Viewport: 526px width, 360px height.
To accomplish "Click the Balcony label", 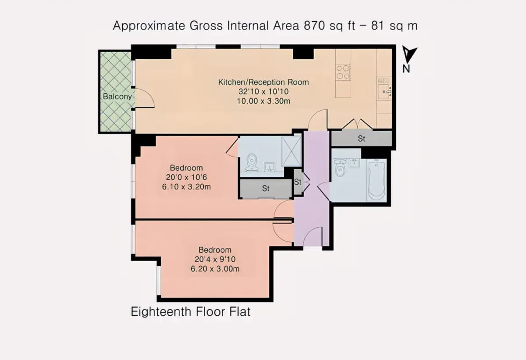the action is [117, 97].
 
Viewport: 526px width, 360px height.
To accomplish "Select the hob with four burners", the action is [343, 72].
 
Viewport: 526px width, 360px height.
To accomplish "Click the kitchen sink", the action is [385, 91].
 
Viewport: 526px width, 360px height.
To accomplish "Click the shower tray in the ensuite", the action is [291, 151].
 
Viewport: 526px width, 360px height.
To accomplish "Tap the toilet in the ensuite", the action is [252, 163].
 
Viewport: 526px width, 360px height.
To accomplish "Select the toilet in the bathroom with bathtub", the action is [340, 167].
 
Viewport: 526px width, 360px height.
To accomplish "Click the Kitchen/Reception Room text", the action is [263, 82].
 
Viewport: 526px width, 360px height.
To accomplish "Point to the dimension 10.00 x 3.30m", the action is [263, 101].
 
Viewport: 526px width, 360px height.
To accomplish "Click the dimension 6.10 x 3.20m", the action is [186, 187].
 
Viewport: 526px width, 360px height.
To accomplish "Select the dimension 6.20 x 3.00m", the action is [215, 269].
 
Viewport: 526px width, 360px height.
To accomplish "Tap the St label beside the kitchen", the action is [361, 139].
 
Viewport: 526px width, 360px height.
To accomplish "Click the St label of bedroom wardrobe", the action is [266, 189].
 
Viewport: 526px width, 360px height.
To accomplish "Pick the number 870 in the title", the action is [314, 25].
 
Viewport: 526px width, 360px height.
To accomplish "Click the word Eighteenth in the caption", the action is [161, 312].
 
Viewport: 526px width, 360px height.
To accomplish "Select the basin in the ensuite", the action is [270, 167].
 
